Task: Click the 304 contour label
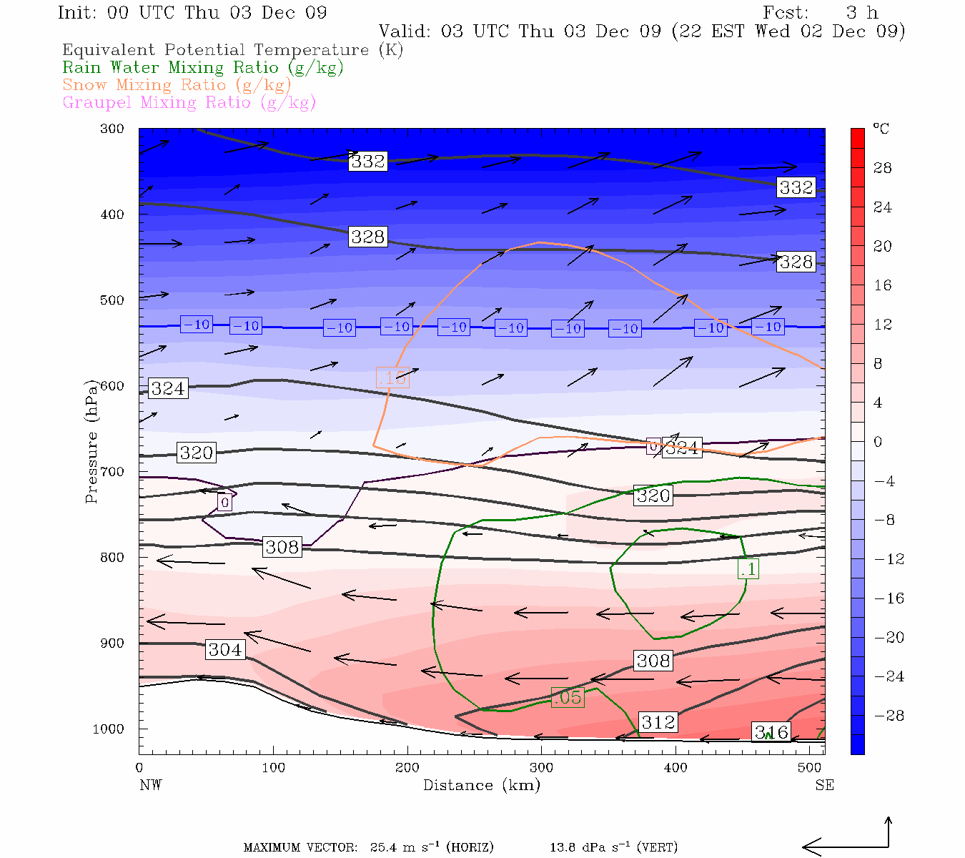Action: click(x=225, y=649)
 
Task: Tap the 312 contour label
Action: click(x=658, y=722)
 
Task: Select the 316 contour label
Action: click(x=772, y=731)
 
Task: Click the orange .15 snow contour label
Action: click(x=391, y=378)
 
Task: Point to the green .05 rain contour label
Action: click(x=568, y=697)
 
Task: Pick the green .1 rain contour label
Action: click(x=748, y=569)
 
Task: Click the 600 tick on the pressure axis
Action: click(x=113, y=386)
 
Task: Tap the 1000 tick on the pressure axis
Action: click(x=109, y=729)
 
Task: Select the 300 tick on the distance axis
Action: click(x=541, y=768)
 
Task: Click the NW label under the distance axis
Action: click(x=150, y=785)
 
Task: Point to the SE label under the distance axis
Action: click(x=824, y=785)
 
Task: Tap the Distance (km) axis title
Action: click(x=481, y=785)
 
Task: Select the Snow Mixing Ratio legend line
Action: click(x=177, y=85)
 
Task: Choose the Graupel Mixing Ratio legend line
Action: click(x=189, y=102)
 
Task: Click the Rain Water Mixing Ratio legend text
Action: click(x=203, y=68)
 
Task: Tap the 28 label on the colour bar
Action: click(x=883, y=168)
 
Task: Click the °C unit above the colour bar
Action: click(x=881, y=129)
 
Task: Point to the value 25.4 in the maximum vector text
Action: click(x=386, y=848)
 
